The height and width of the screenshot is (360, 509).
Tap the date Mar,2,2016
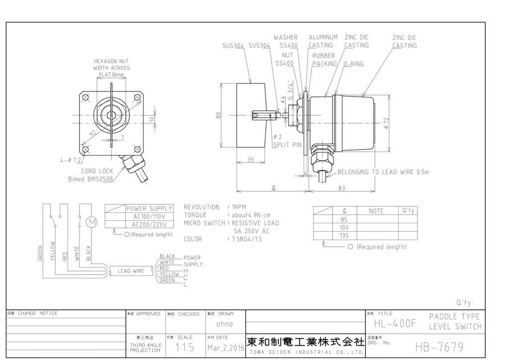[225, 348]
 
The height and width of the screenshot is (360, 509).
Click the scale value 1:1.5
[185, 348]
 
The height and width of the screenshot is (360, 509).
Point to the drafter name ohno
[224, 324]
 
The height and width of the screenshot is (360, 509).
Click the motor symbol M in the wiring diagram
[91, 222]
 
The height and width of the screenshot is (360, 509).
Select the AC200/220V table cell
[149, 224]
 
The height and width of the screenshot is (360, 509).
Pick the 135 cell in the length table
[344, 236]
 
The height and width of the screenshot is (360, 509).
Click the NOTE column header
[376, 211]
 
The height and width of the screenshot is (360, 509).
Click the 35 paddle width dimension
[250, 160]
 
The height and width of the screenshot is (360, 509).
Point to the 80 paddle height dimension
[218, 115]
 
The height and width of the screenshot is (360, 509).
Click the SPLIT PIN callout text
[287, 145]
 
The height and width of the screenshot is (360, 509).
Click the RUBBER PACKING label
[324, 60]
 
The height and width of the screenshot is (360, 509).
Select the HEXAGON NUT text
[111, 61]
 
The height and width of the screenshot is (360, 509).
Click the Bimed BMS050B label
[90, 179]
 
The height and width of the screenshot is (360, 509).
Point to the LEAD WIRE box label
[131, 271]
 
